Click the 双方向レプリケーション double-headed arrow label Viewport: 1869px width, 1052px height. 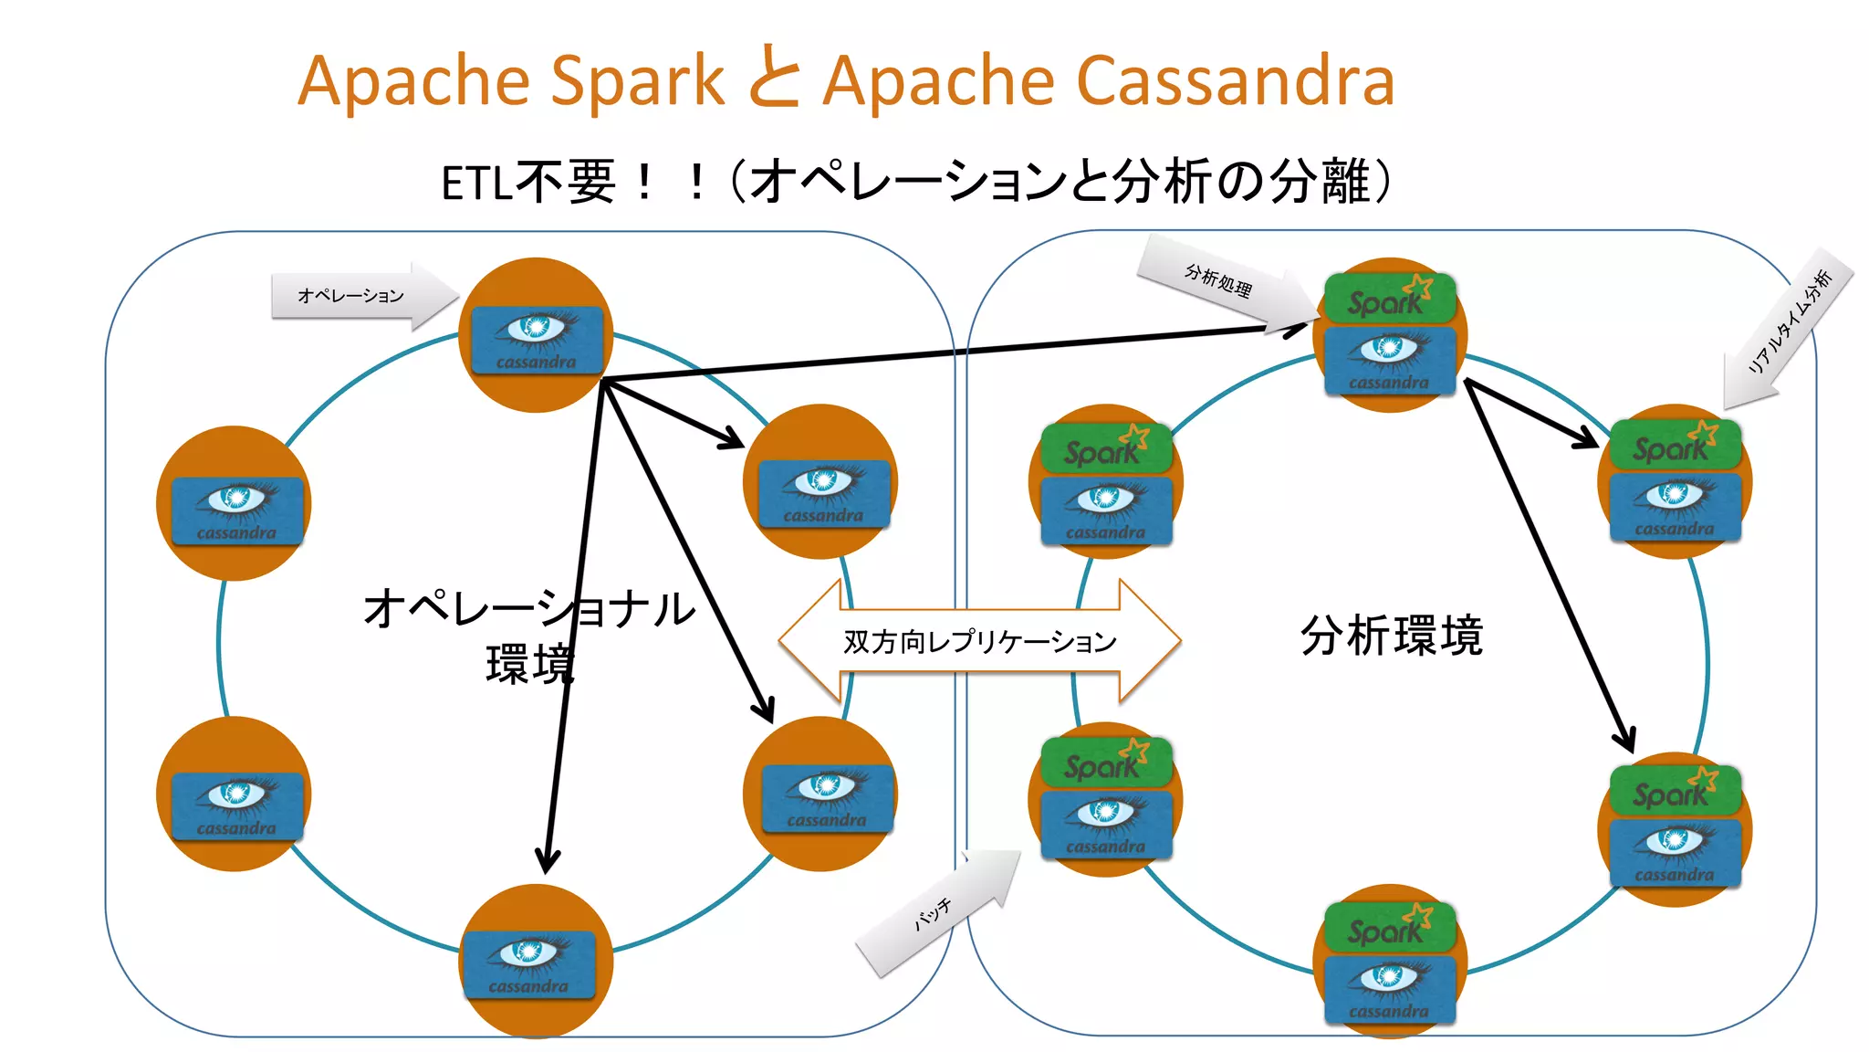[979, 641]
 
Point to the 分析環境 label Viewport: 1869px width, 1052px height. [1391, 636]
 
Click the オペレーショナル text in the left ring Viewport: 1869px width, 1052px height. [528, 608]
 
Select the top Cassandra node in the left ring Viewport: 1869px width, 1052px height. [536, 336]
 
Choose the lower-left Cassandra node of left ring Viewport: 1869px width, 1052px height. [235, 794]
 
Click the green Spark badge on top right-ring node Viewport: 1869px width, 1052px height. [1388, 298]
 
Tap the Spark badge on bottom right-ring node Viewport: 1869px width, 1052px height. [1388, 928]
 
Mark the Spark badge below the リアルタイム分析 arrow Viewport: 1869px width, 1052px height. [1674, 445]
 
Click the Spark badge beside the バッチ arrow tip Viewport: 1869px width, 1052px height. [1105, 763]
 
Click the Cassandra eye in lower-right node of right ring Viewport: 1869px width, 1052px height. [1674, 840]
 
